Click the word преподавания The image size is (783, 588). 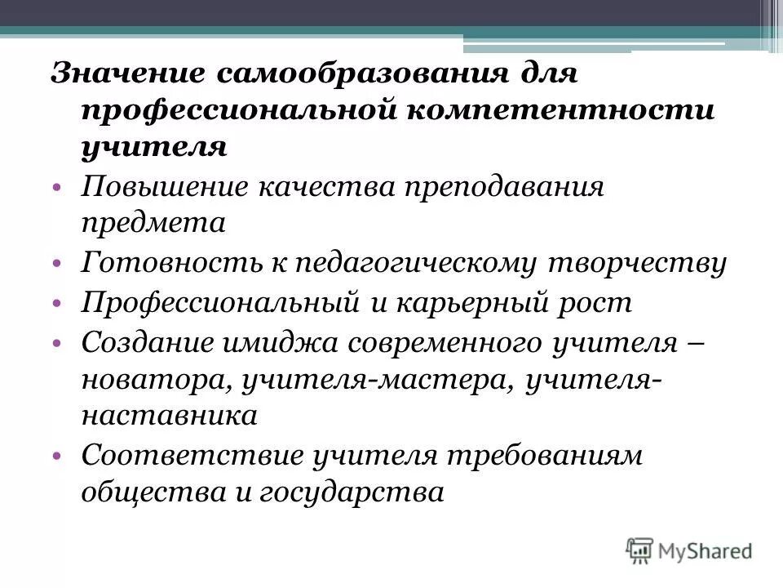499,186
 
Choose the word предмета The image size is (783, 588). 153,222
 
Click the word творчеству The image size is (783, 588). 648,263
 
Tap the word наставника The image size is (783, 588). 170,416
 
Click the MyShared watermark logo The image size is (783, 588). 689,550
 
